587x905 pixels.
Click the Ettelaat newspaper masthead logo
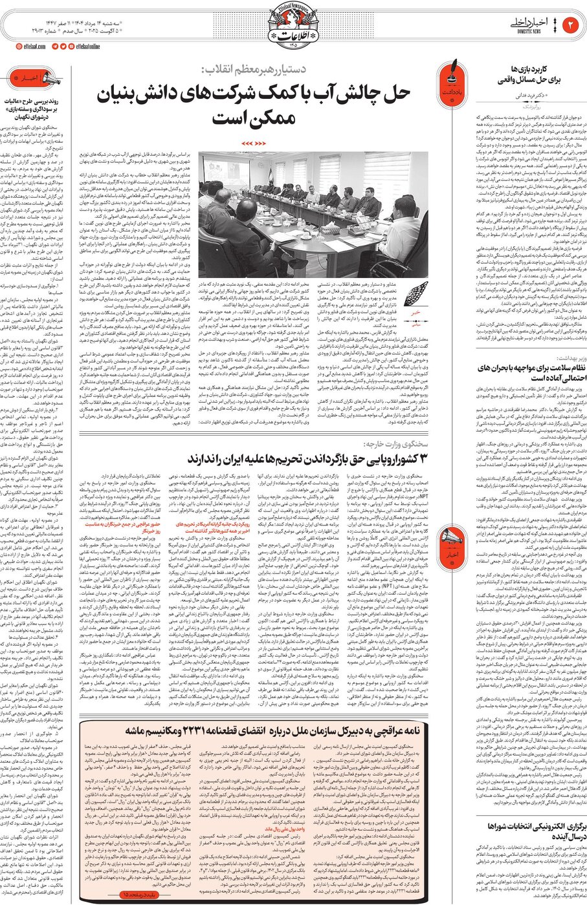[294, 26]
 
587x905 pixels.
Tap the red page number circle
[572, 25]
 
